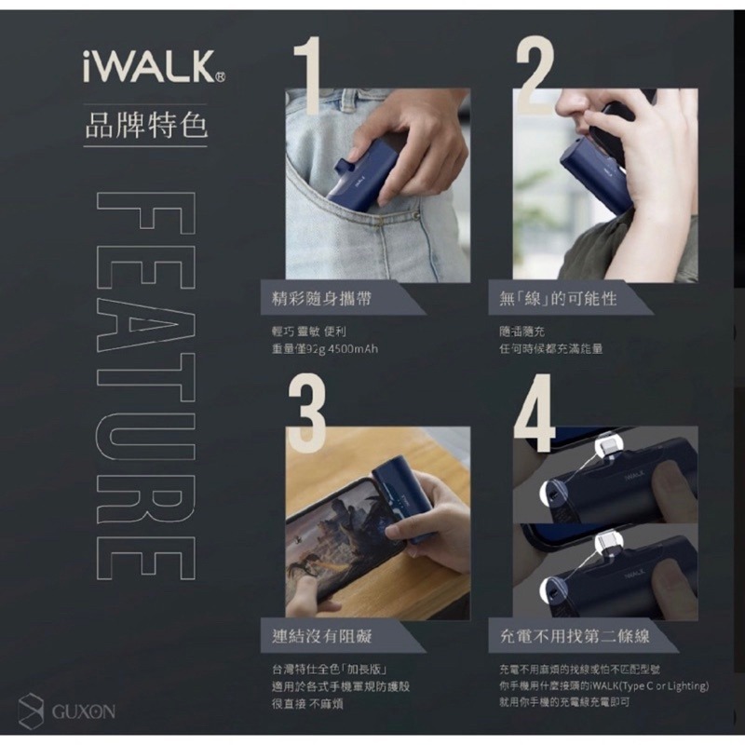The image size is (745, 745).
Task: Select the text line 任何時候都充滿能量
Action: click(x=550, y=349)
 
